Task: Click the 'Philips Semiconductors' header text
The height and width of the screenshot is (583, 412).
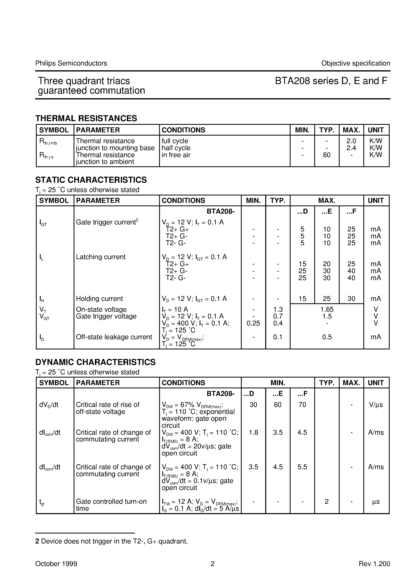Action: (x=71, y=63)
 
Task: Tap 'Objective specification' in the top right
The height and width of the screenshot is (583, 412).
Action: (x=355, y=63)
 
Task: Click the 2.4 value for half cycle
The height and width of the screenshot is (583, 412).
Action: (x=351, y=148)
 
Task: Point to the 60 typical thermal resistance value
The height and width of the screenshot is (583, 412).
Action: (x=326, y=155)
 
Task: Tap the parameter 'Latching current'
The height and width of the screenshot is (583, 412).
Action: (x=101, y=257)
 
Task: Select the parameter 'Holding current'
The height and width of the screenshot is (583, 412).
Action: (x=100, y=299)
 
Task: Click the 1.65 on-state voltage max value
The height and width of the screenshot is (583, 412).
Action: (x=327, y=309)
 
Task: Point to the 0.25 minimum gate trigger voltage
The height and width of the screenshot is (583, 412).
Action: (x=253, y=323)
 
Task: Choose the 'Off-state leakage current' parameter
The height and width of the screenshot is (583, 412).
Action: (x=114, y=337)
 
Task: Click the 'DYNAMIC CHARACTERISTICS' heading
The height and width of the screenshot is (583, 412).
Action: (x=95, y=362)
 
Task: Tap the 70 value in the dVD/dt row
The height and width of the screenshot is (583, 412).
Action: (x=302, y=405)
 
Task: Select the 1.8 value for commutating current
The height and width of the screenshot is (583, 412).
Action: (x=253, y=432)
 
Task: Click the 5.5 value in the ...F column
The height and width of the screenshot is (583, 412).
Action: (x=302, y=467)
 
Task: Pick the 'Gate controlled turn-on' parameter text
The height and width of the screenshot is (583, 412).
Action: (x=111, y=502)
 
